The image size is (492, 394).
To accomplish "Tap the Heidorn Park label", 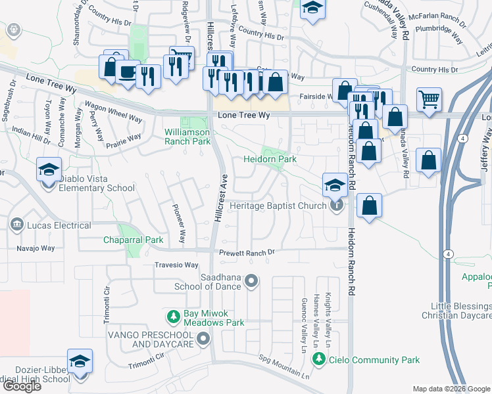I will pyautogui.click(x=270, y=159).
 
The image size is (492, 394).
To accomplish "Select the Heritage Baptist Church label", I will pyautogui.click(x=278, y=206).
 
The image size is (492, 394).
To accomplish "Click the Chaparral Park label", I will pyautogui.click(x=133, y=240).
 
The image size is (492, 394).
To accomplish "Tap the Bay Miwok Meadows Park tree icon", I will pyautogui.click(x=174, y=317).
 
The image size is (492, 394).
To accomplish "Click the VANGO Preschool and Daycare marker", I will pyautogui.click(x=203, y=339).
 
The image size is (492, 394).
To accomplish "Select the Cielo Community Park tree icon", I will pyautogui.click(x=318, y=359).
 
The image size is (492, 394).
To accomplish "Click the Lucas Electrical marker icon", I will pyautogui.click(x=16, y=225).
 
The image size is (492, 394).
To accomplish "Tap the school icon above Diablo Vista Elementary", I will pyautogui.click(x=49, y=170).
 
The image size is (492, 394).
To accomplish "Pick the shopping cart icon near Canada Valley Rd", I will pyautogui.click(x=429, y=99).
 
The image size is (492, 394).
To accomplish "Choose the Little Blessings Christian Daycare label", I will pyautogui.click(x=460, y=311).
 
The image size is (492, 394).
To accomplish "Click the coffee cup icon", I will pyautogui.click(x=128, y=72).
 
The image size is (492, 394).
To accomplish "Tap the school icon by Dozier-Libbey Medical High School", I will pyautogui.click(x=80, y=362).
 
